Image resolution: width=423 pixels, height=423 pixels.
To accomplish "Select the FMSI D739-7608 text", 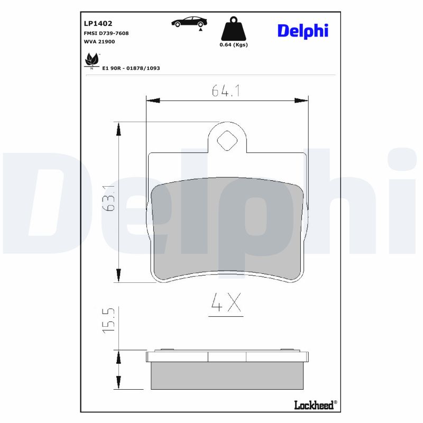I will click(106, 33).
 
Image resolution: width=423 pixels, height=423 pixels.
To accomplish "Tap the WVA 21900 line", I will click(99, 41).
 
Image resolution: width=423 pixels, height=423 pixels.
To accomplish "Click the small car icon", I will click(189, 22).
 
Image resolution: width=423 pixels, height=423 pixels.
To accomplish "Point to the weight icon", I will click(233, 29).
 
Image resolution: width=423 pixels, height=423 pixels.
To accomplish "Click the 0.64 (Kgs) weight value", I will click(233, 44).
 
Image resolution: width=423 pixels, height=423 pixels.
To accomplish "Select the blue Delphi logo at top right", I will click(302, 31).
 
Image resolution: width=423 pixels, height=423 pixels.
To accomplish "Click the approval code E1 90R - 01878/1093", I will click(131, 68).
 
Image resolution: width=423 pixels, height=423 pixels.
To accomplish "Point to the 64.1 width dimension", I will click(226, 91).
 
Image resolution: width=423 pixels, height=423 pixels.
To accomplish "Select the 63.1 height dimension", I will click(109, 198).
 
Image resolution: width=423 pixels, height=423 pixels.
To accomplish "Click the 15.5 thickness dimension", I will click(109, 321).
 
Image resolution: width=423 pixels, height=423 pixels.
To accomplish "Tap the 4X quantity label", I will click(226, 303).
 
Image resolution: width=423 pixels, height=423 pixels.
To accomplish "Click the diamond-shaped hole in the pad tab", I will click(227, 141).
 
